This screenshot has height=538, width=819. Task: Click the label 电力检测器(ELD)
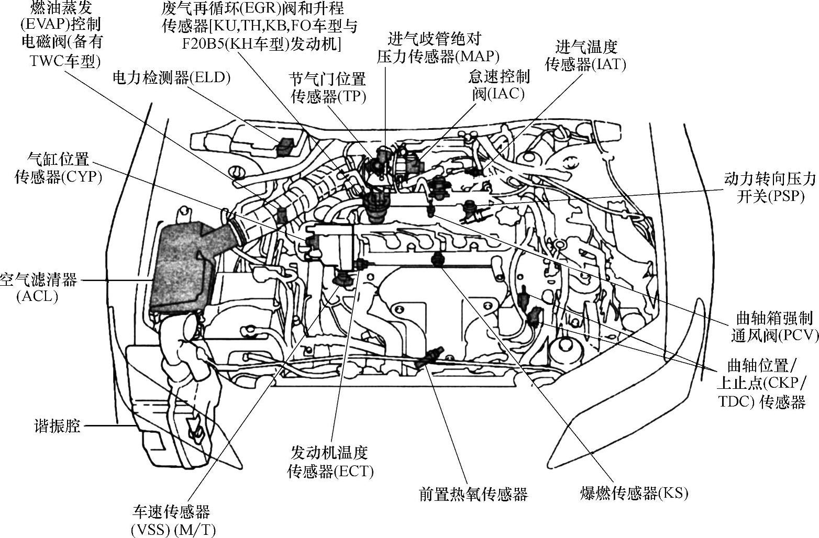pos(171,78)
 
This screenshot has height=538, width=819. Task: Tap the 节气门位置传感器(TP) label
pos(328,88)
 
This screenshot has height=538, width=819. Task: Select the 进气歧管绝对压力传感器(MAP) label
pos(438,48)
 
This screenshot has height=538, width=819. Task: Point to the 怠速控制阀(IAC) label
pos(499,85)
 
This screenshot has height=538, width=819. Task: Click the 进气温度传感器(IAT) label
pos(585,55)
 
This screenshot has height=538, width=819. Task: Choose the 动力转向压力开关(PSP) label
pos(770,187)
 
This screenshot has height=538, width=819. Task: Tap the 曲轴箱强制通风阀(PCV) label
pos(774,327)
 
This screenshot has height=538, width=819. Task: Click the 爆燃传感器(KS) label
pos(634,493)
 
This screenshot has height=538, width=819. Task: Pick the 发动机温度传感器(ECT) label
pos(330,462)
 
